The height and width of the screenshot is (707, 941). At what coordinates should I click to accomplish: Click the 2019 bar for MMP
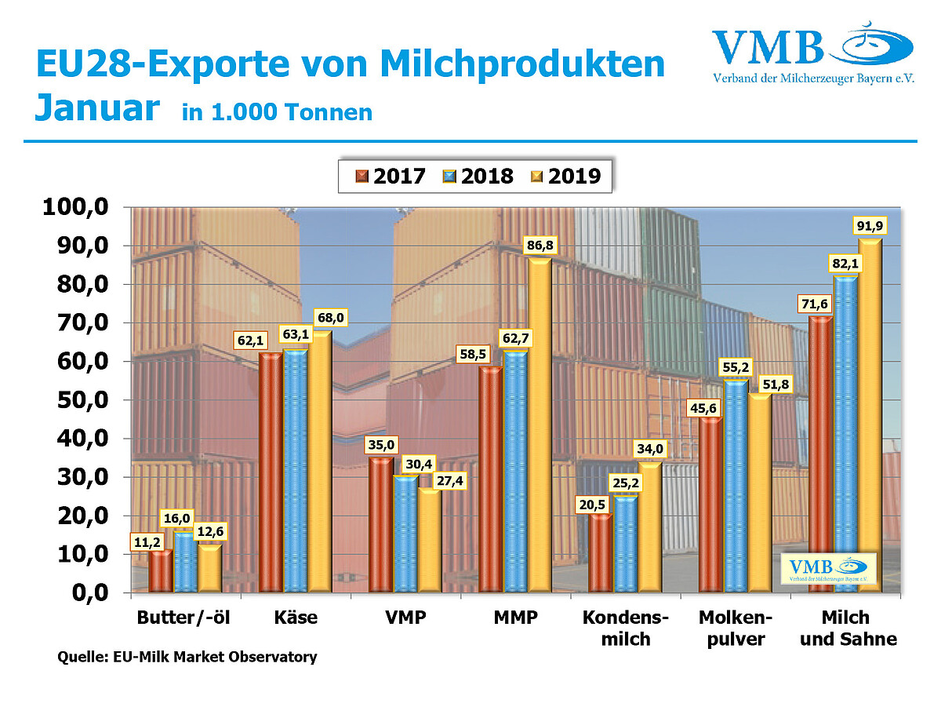[539, 425]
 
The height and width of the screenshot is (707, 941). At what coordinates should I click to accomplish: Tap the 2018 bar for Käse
[295, 471]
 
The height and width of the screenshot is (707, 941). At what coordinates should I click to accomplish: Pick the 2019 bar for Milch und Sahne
[870, 416]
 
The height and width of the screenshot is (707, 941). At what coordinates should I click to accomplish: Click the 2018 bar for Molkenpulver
[736, 487]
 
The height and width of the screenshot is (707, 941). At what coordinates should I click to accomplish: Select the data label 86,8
[539, 246]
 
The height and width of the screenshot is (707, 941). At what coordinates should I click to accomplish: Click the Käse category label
[296, 618]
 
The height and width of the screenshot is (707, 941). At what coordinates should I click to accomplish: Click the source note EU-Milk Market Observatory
[187, 657]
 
